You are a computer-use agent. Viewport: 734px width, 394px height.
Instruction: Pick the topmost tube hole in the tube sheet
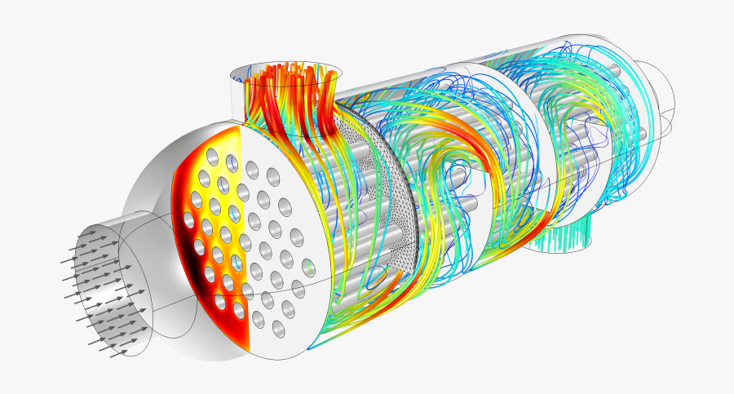click(214, 157)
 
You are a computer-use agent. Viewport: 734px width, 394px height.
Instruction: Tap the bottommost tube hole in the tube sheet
click(278, 329)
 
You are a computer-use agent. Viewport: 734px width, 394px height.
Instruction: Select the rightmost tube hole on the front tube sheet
click(307, 266)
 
